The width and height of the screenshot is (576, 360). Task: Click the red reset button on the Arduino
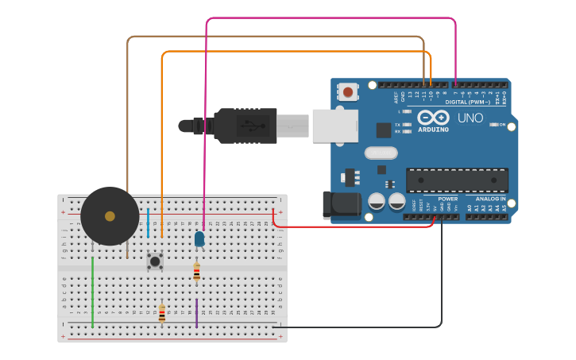coord(347,92)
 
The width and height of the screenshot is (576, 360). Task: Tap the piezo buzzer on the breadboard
coord(110,216)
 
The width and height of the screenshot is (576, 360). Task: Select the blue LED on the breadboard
coord(199,238)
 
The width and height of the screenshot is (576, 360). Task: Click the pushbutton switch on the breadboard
coord(155,261)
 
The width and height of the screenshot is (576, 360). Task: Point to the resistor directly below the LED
coord(197,272)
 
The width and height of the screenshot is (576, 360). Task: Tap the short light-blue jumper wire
coord(148,223)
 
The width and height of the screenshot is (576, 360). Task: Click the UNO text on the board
coord(470,118)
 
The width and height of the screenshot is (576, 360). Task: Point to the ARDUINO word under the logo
coord(433,130)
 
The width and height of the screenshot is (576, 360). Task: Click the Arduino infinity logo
coord(433,118)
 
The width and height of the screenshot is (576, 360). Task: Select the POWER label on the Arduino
coord(447,199)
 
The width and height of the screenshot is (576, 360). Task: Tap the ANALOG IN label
coord(490,199)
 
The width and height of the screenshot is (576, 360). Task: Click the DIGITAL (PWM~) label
coord(468,102)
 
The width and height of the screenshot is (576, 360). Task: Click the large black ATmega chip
coord(457,180)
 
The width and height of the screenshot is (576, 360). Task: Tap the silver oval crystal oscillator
coord(381,153)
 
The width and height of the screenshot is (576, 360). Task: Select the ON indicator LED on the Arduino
coord(494,125)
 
